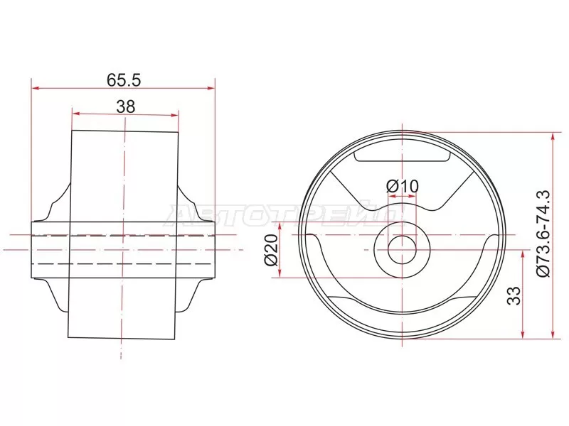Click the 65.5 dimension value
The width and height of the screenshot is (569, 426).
[123, 80]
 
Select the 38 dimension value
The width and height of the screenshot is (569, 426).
[126, 106]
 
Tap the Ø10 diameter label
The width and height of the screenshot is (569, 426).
[402, 187]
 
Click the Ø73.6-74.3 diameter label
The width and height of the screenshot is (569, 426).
[543, 234]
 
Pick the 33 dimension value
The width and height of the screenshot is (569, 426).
[514, 295]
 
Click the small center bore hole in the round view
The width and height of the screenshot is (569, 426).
[402, 250]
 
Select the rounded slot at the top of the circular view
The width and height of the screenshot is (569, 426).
[402, 155]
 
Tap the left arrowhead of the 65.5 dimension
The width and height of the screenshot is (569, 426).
[36, 88]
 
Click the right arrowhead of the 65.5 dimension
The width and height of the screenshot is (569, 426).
[211, 88]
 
